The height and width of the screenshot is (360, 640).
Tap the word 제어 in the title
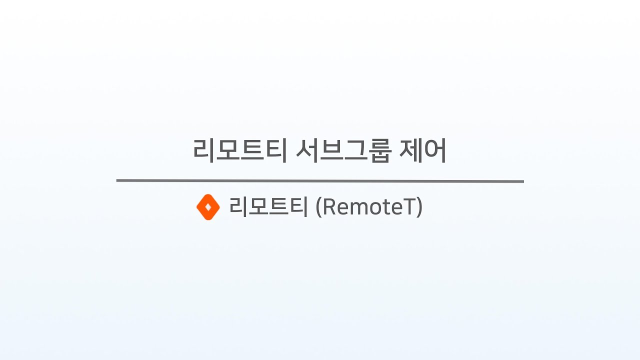(422, 150)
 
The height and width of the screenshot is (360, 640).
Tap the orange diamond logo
(208, 207)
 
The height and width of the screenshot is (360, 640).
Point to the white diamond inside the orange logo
(208, 207)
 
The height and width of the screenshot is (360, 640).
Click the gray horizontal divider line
(320, 181)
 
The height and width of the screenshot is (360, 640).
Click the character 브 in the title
(331, 150)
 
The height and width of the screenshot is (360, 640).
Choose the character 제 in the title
(411, 150)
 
